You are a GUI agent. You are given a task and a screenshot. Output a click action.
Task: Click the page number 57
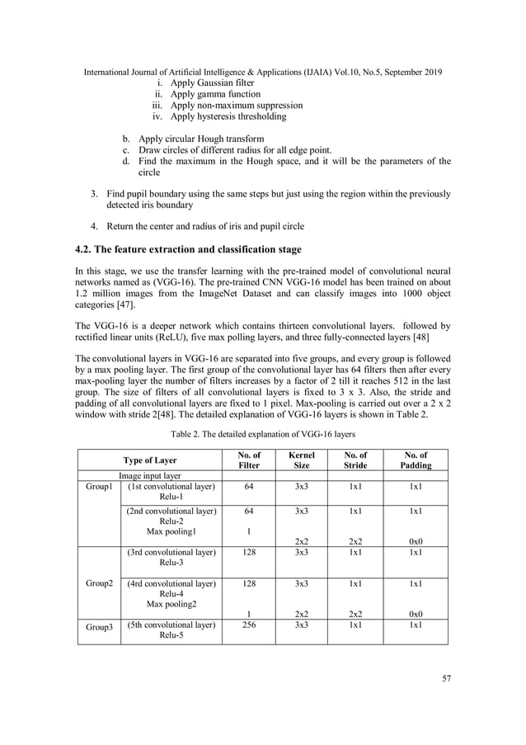pos(445,678)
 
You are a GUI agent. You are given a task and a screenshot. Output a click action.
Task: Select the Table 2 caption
pos(262,432)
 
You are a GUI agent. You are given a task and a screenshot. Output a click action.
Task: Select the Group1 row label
pos(98,487)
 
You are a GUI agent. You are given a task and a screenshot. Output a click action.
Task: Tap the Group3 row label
pos(98,626)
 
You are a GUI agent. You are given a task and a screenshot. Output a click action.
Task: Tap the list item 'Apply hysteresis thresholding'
pos(228,116)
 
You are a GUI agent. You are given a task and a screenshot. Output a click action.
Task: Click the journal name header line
pos(263,72)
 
